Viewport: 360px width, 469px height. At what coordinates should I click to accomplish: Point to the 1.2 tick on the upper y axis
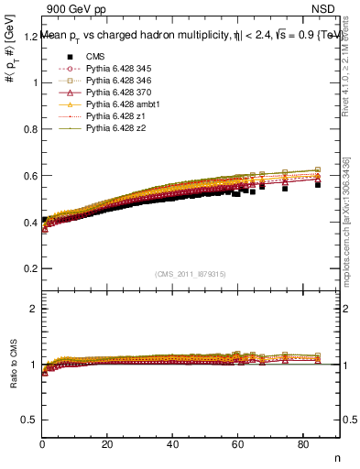point(31,37)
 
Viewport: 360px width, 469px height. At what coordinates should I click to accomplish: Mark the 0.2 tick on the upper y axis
point(31,268)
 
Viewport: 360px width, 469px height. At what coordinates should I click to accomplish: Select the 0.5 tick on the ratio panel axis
point(31,420)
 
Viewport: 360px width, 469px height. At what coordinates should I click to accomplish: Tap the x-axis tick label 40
point(172,445)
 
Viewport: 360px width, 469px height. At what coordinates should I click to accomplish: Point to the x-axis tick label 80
point(302,445)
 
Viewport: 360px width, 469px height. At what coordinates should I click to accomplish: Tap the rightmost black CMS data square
point(318,184)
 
